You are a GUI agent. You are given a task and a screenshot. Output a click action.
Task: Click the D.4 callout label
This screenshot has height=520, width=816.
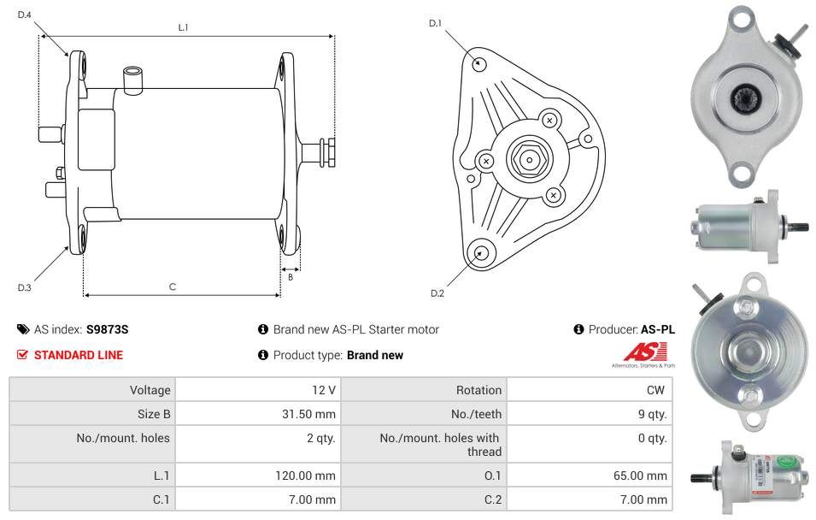tap(25, 15)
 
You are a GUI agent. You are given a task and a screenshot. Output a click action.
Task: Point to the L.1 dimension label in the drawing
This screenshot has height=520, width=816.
tap(183, 27)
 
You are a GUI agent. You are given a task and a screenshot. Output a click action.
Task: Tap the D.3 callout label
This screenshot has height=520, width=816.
tap(25, 287)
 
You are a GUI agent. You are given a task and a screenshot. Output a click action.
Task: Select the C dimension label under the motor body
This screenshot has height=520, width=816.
tap(173, 287)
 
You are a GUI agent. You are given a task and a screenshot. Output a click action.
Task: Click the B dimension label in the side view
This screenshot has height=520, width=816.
tap(291, 277)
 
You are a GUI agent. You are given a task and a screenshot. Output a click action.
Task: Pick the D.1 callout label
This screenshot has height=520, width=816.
tap(435, 23)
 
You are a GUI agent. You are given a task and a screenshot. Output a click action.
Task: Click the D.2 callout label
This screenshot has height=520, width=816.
tap(437, 293)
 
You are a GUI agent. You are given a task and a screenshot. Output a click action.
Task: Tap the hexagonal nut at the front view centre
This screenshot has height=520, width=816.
tap(529, 159)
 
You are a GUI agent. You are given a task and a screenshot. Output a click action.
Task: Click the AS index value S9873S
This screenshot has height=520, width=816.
tap(107, 329)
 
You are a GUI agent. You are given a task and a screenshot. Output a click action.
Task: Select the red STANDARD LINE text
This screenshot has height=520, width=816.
tap(79, 355)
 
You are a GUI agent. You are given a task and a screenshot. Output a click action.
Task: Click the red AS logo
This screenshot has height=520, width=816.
tap(645, 352)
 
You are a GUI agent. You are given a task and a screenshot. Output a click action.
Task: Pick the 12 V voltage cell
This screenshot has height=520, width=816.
tap(324, 390)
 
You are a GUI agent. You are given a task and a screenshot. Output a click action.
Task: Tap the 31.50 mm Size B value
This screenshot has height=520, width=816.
tap(308, 414)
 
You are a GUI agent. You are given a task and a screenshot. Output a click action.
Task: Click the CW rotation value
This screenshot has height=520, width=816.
tap(655, 390)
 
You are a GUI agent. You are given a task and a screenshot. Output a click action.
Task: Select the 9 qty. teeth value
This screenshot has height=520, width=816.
tap(653, 414)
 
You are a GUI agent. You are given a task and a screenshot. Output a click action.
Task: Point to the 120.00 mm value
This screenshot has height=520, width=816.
tap(306, 476)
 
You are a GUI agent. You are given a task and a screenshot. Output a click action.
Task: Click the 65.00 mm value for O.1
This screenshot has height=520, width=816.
tap(640, 476)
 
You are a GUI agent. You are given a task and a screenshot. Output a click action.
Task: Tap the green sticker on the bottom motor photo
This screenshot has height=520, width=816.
tap(786, 461)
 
